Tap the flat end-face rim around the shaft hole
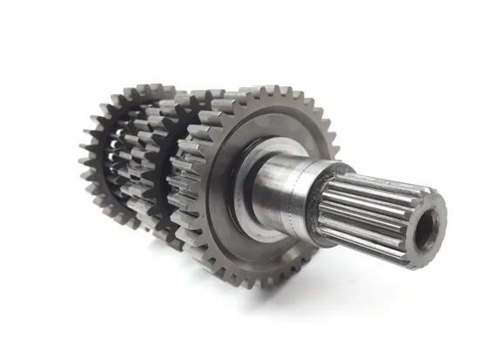tap(435, 209)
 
